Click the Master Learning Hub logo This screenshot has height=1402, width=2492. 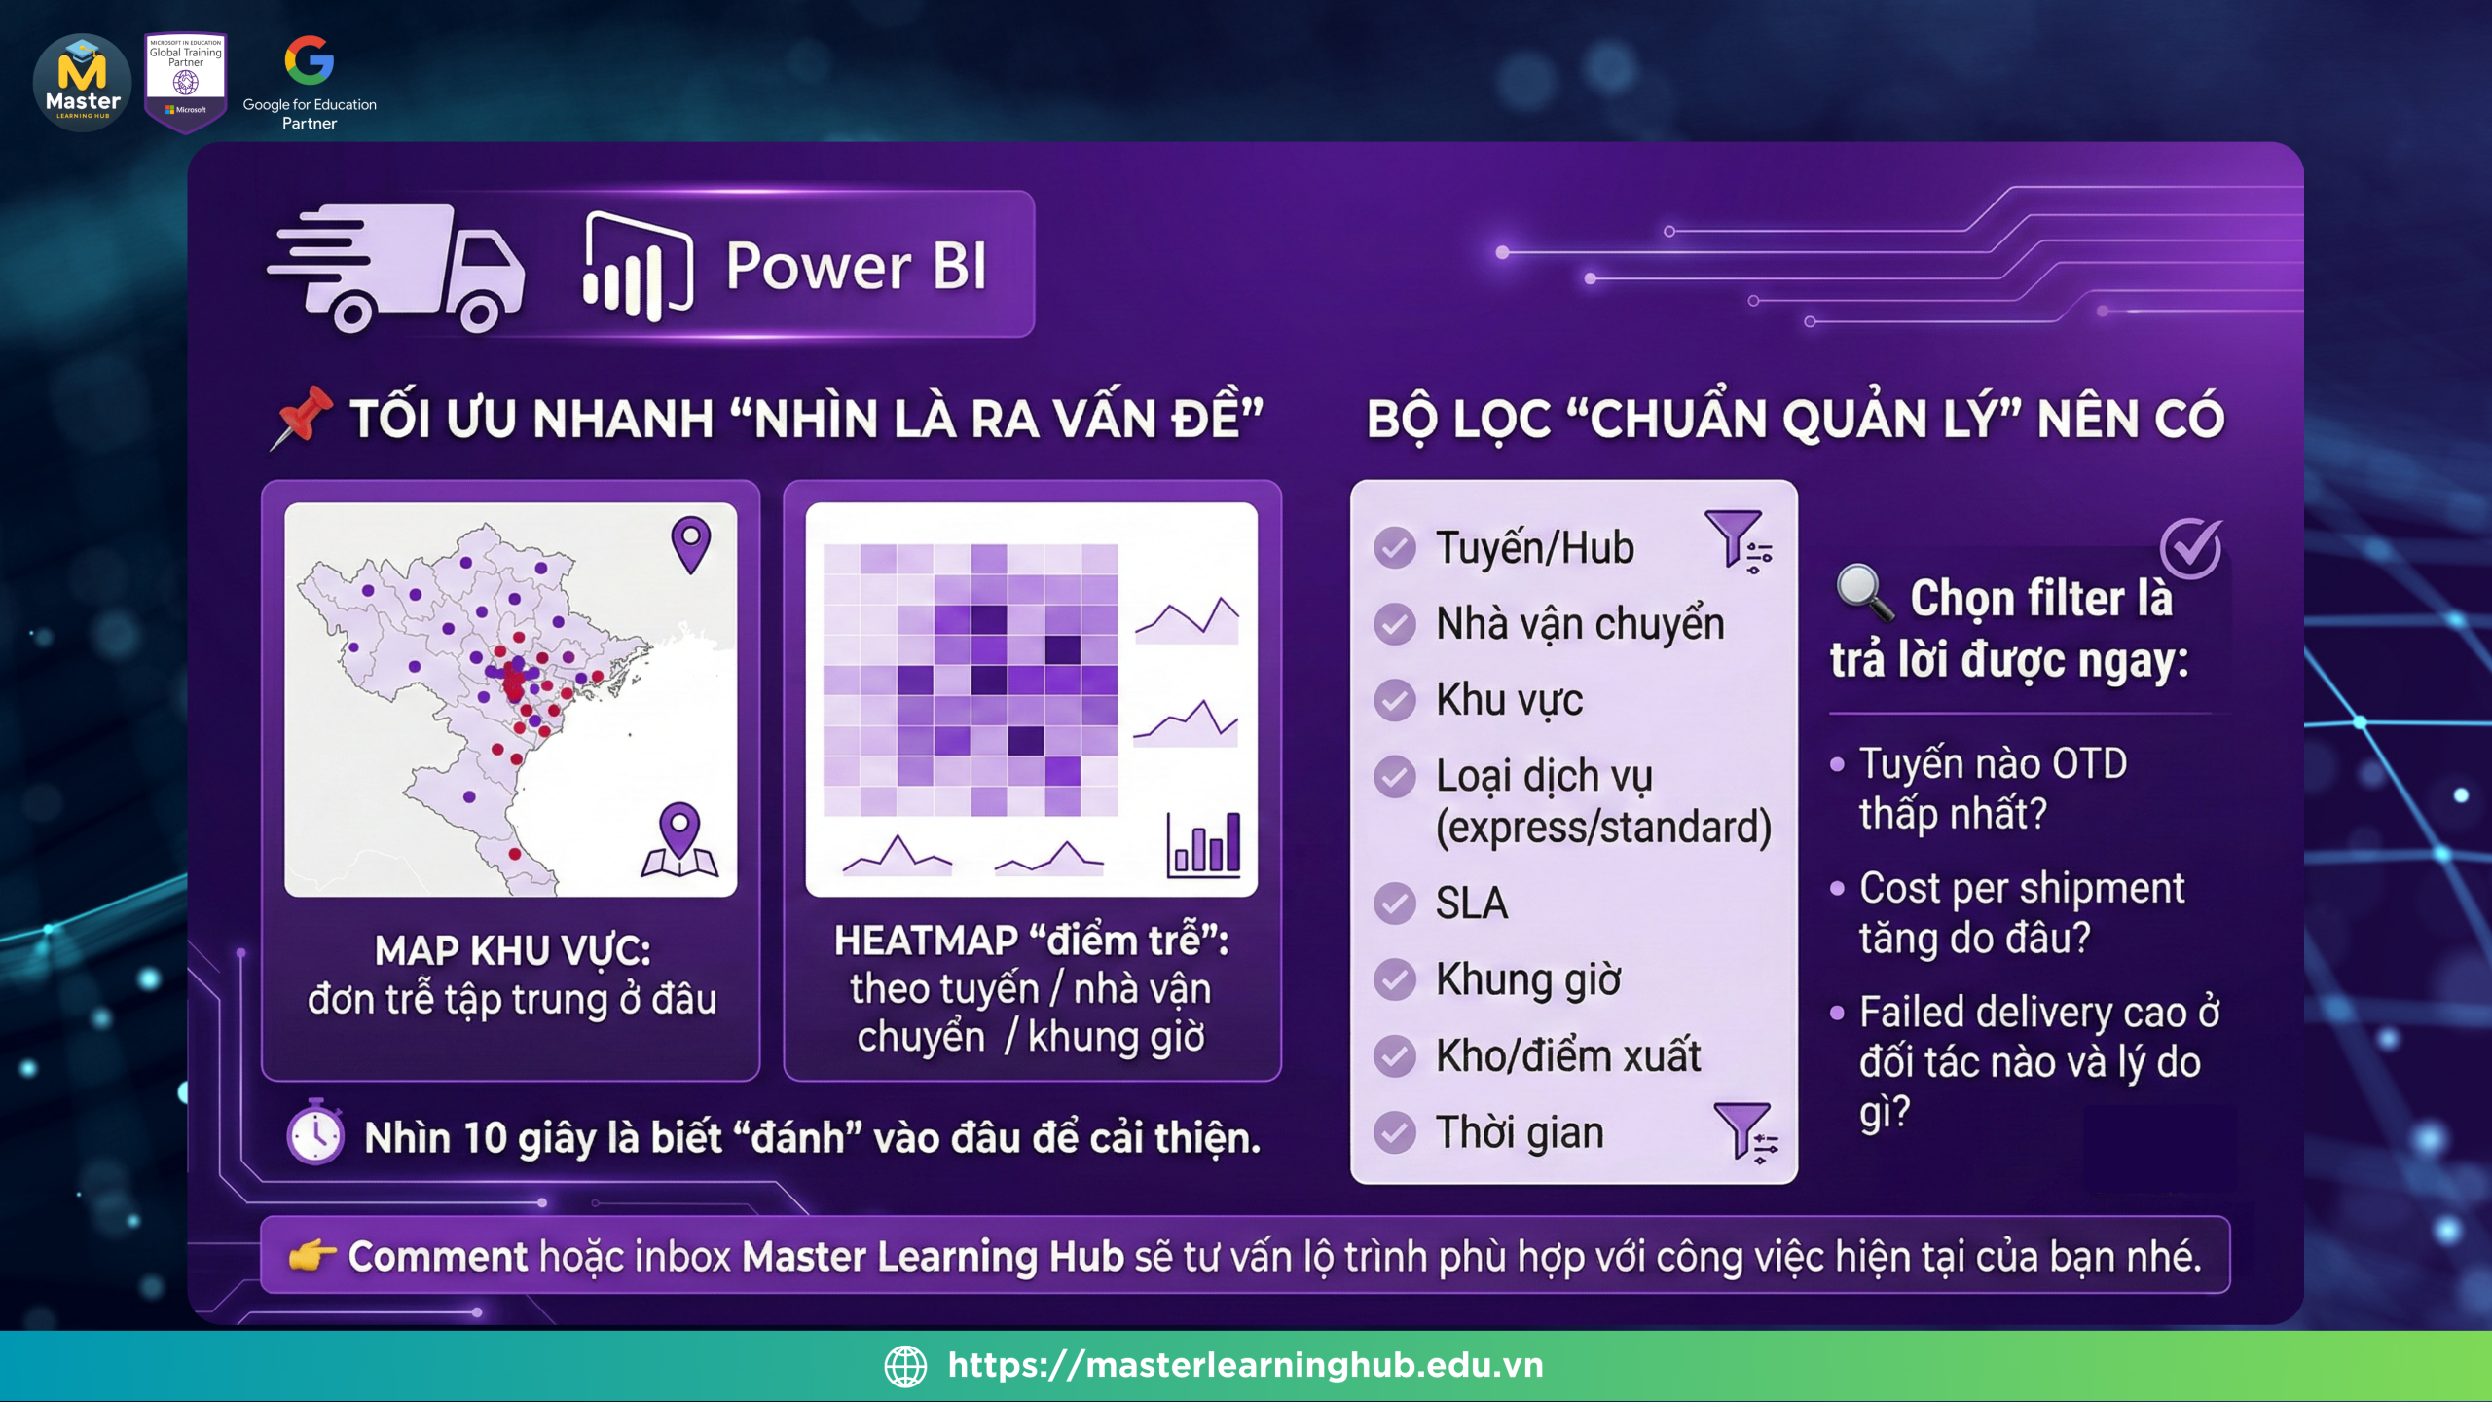83,83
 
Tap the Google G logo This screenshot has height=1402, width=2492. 310,60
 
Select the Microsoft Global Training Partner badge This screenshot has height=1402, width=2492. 186,82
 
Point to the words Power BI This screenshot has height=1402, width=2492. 857,266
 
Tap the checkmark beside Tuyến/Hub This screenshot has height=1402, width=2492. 1395,548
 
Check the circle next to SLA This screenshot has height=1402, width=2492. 1395,904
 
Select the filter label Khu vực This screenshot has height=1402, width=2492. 1510,700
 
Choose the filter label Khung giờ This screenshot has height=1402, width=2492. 1529,980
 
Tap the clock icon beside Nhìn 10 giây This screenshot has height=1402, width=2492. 315,1132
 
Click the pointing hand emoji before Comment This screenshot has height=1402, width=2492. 312,1256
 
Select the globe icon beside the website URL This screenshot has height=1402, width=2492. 905,1366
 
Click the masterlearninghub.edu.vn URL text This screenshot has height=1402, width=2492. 1246,1365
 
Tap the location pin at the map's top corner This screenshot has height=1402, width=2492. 691,544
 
